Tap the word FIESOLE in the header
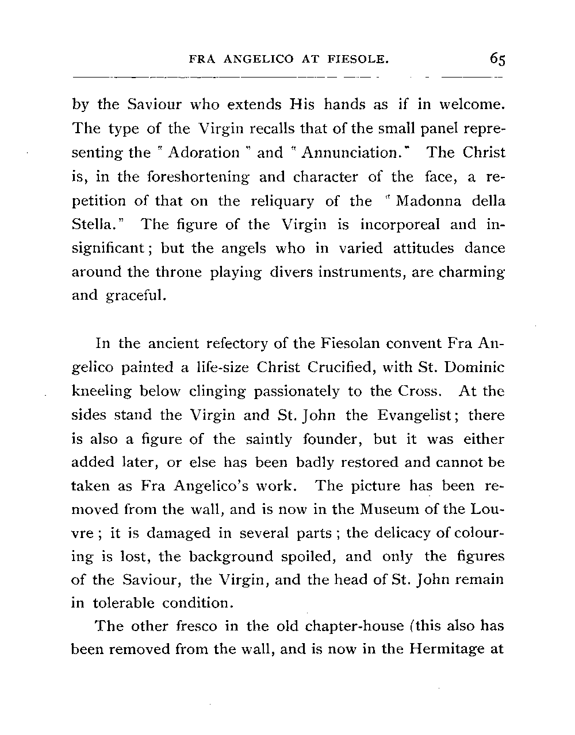point(359,59)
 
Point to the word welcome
point(471,105)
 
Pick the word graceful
point(135,297)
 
